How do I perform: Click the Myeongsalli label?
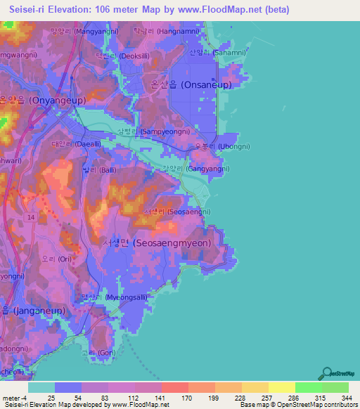tap(114, 297)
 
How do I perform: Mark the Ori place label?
tap(56, 259)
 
